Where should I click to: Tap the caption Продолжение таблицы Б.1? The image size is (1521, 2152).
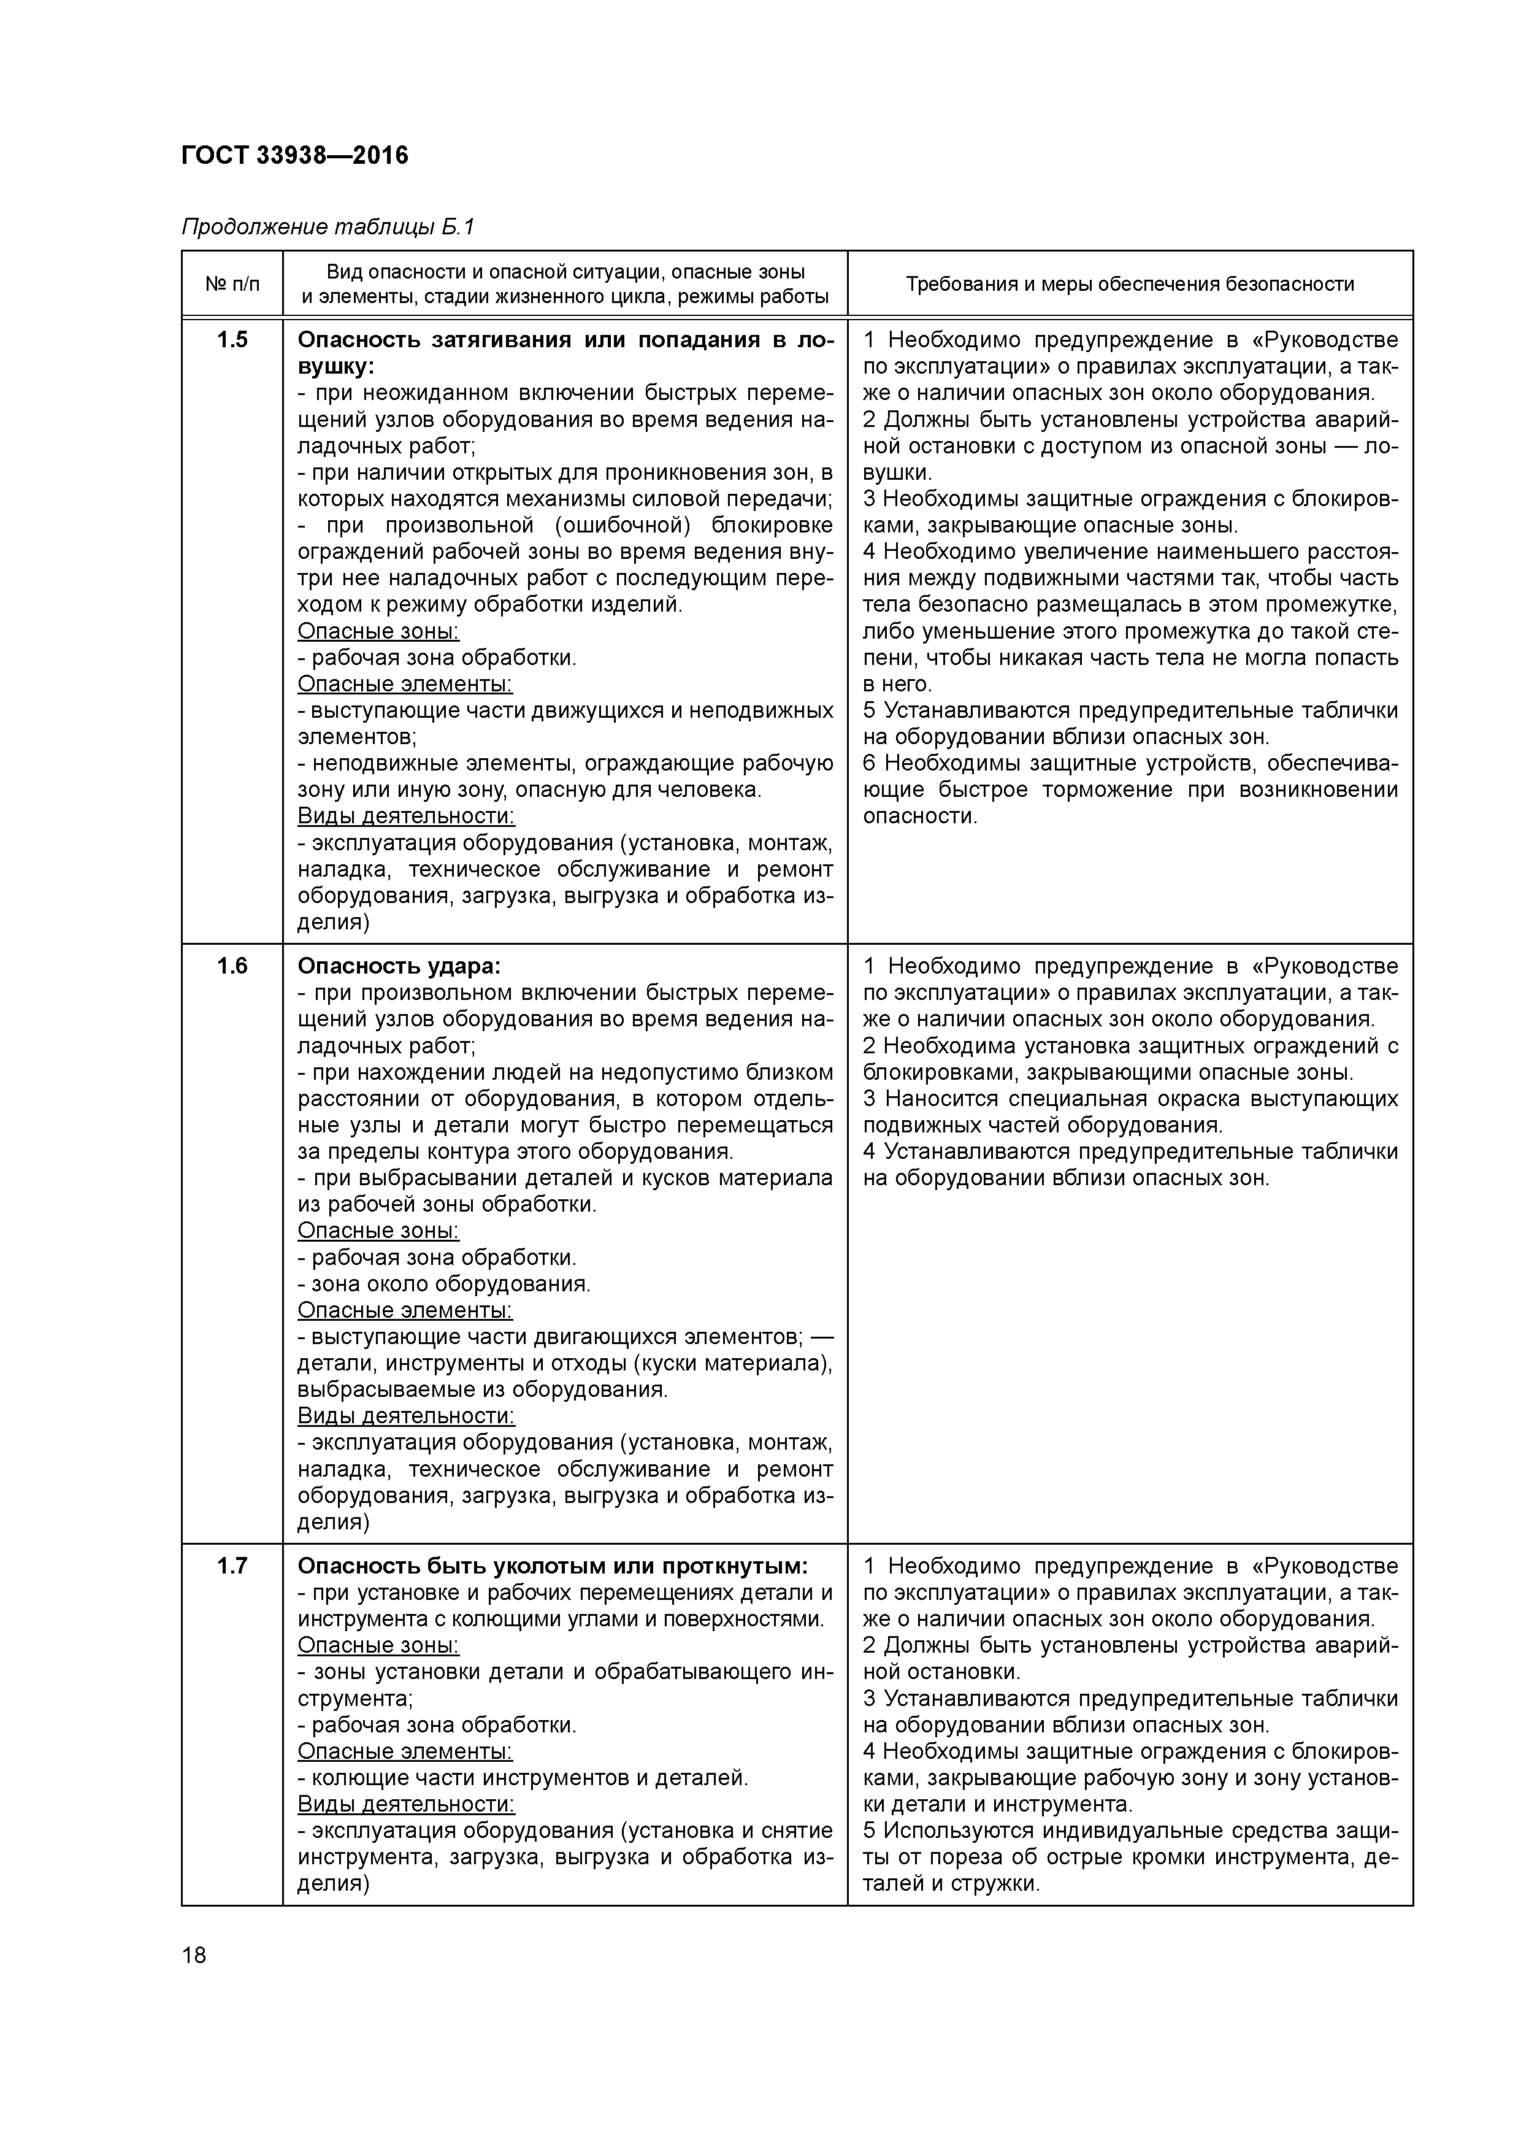click(x=328, y=227)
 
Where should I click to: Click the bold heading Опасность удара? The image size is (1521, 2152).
click(x=399, y=966)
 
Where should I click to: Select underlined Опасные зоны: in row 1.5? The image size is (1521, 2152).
click(x=378, y=632)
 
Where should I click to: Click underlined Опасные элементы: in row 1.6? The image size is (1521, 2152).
click(x=405, y=1310)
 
